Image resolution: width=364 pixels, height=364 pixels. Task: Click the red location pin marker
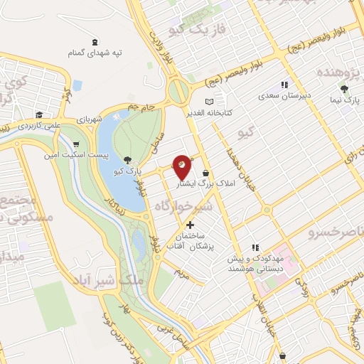coord(183,166)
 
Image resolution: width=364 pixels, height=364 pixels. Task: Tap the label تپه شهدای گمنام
coord(95,53)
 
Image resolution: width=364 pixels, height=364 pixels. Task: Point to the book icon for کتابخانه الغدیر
coord(208,102)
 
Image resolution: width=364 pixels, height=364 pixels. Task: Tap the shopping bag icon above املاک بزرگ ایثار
coord(206,172)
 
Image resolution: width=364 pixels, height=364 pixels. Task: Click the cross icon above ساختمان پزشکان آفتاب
coord(190,225)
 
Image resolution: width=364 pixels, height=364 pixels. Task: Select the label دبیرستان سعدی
coord(283,95)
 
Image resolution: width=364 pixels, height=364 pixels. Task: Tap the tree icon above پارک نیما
coord(345,89)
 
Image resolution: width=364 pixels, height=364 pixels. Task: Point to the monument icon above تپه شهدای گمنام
coord(95,41)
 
